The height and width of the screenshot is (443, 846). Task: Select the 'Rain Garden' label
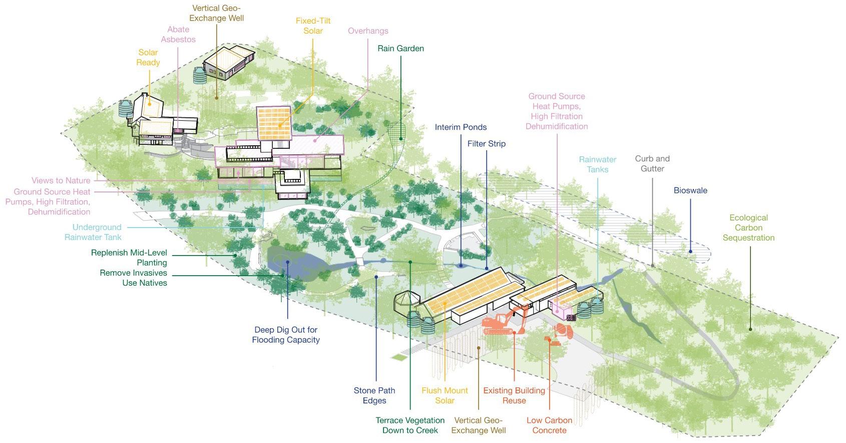[400, 49]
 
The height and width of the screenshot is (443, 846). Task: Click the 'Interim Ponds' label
[461, 127]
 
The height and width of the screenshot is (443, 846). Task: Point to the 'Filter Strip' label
[486, 144]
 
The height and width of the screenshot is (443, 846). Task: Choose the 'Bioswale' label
[690, 190]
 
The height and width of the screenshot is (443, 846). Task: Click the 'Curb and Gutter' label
[652, 164]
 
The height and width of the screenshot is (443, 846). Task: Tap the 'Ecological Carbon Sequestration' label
[748, 228]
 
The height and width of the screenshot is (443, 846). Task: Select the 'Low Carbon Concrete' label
[549, 425]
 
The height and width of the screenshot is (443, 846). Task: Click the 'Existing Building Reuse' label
[514, 395]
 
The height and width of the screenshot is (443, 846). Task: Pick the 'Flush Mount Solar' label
[445, 395]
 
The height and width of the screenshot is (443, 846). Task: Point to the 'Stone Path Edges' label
[374, 395]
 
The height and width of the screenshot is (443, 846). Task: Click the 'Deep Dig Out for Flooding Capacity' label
[286, 335]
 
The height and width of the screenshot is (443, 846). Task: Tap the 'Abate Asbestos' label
[178, 35]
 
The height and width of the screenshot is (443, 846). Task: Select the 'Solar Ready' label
[148, 58]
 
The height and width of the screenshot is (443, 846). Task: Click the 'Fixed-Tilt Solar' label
[313, 26]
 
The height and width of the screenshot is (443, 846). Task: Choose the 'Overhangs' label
[368, 31]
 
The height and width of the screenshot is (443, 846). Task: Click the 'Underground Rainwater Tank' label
[94, 232]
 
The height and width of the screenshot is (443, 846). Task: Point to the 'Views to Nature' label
[61, 180]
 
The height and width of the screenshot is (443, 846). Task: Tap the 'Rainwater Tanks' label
[598, 164]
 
